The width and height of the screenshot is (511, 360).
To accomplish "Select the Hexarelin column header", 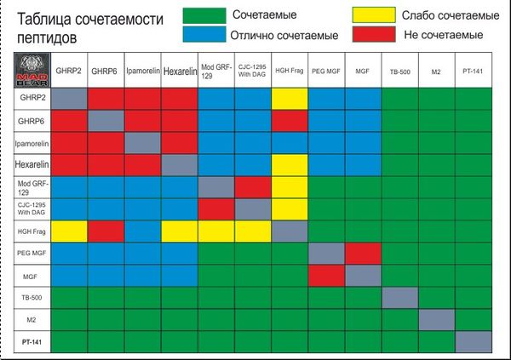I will click(x=179, y=70).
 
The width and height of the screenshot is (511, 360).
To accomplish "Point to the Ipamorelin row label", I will click(x=33, y=142).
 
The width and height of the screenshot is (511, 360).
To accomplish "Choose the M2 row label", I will click(x=33, y=319).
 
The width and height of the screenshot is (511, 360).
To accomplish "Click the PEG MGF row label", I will click(x=33, y=253).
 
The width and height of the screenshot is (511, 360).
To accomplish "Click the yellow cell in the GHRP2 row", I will click(x=289, y=98).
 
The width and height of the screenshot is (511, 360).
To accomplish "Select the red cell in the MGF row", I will click(x=325, y=275).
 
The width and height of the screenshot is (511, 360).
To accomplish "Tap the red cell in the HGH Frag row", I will click(x=106, y=231).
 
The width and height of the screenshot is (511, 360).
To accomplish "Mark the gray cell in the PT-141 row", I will click(x=473, y=341).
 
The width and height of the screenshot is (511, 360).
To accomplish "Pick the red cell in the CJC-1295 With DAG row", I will click(x=215, y=209).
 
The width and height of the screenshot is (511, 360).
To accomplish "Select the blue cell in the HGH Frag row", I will click(x=142, y=231).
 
